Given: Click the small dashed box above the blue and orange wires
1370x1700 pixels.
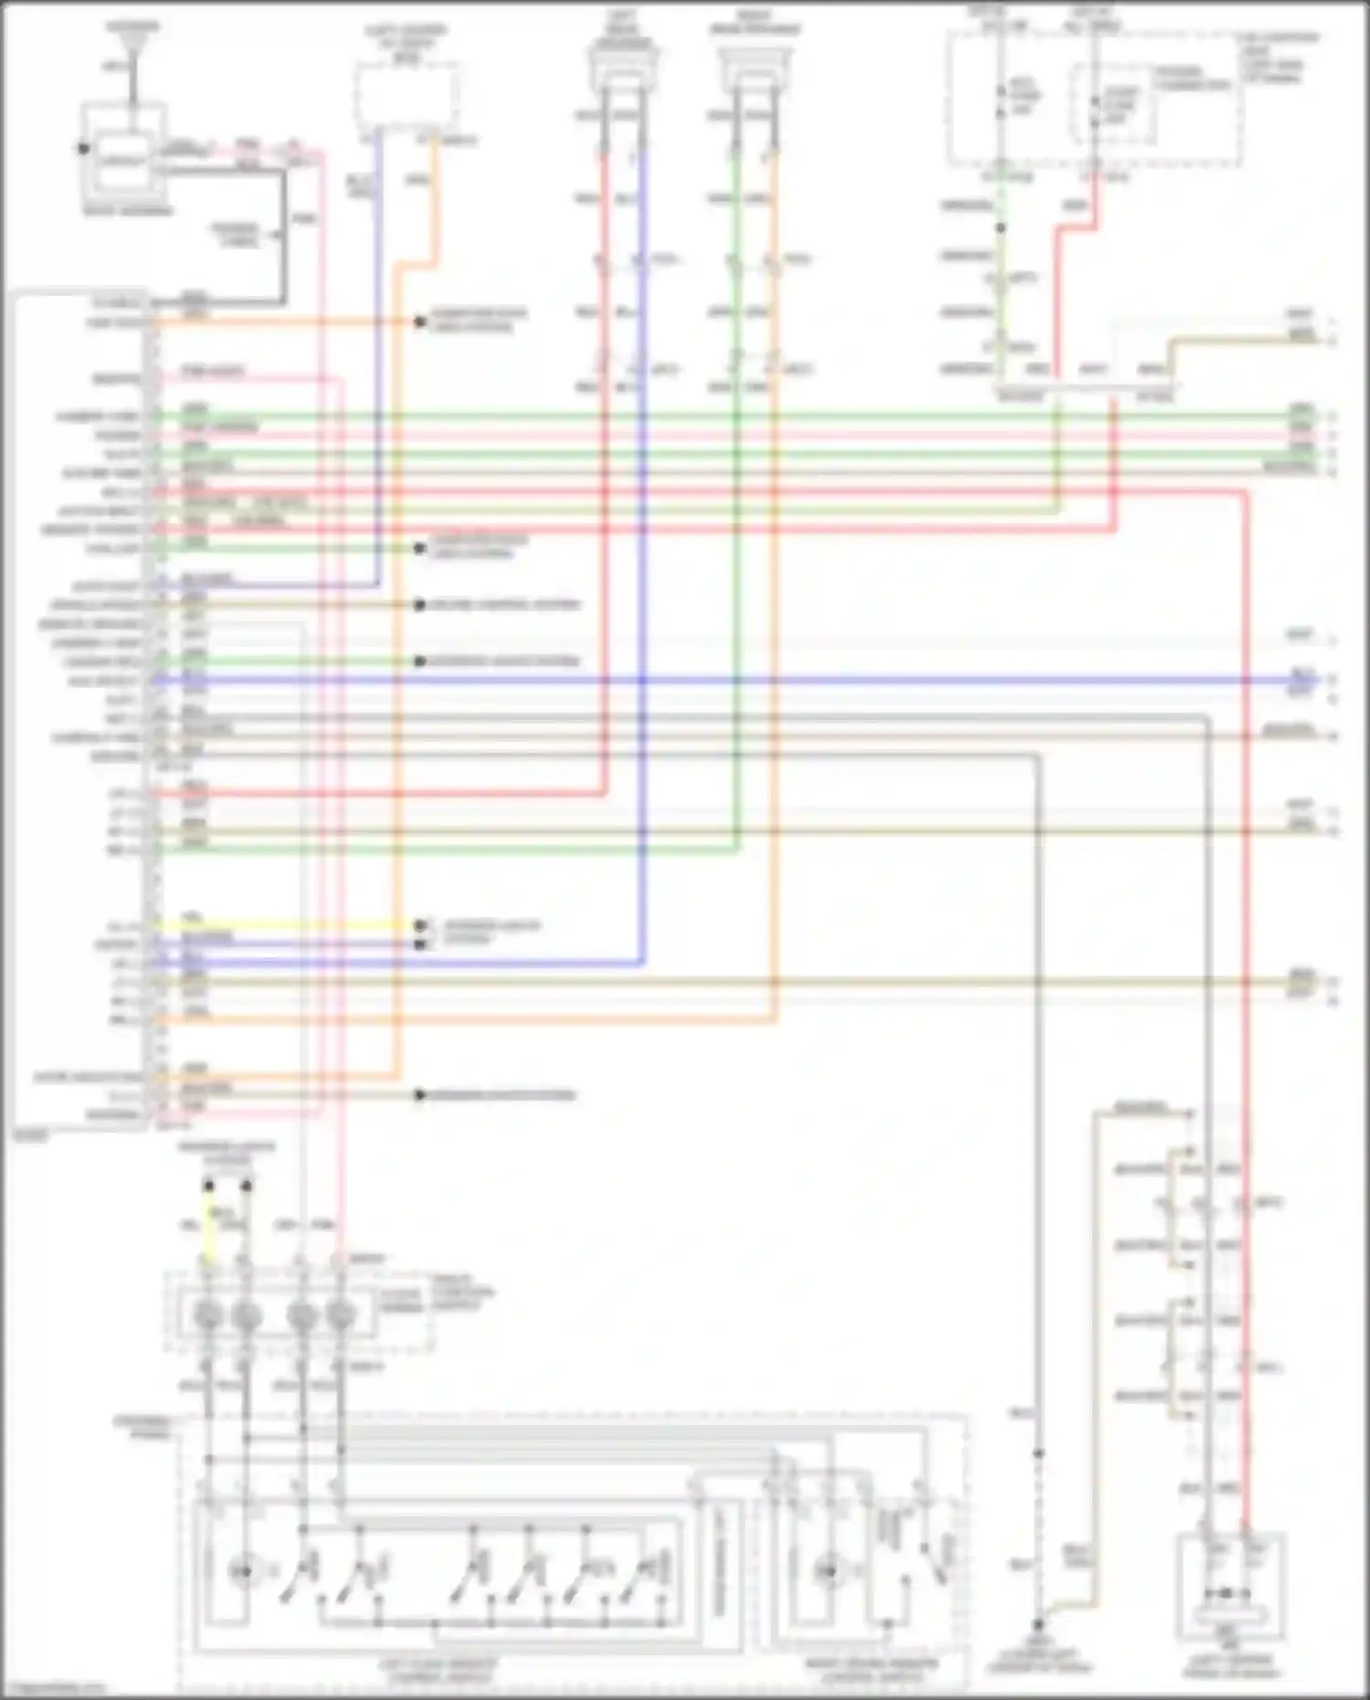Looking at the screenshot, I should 406,95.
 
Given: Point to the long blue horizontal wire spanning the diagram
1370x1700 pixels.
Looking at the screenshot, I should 731,681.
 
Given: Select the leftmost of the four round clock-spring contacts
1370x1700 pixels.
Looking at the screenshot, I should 208,1316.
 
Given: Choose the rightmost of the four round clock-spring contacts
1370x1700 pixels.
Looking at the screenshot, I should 341,1316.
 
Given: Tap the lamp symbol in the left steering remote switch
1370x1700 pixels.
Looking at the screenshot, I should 242,1572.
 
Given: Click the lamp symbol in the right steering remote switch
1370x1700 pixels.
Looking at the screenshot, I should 827,1572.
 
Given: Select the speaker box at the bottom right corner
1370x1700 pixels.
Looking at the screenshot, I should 1230,1589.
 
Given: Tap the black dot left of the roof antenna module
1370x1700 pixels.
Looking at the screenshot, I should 84,148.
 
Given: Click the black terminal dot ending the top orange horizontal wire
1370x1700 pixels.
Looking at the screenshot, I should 420,322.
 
